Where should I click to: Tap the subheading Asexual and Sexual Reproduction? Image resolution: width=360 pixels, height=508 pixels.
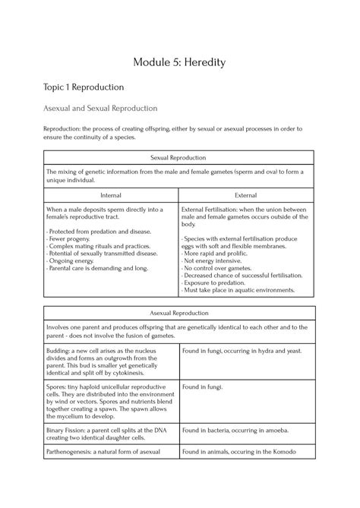(x=100, y=109)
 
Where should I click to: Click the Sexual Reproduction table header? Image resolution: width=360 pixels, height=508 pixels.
(x=178, y=157)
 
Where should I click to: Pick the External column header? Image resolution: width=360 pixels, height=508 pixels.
(x=246, y=195)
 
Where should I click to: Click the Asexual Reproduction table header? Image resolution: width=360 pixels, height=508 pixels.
(x=178, y=313)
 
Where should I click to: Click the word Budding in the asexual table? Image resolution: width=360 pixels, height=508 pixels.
(x=60, y=350)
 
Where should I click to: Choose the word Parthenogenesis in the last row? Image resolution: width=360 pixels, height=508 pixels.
(x=76, y=453)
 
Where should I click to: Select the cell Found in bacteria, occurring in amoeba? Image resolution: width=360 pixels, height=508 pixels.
(x=235, y=429)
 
